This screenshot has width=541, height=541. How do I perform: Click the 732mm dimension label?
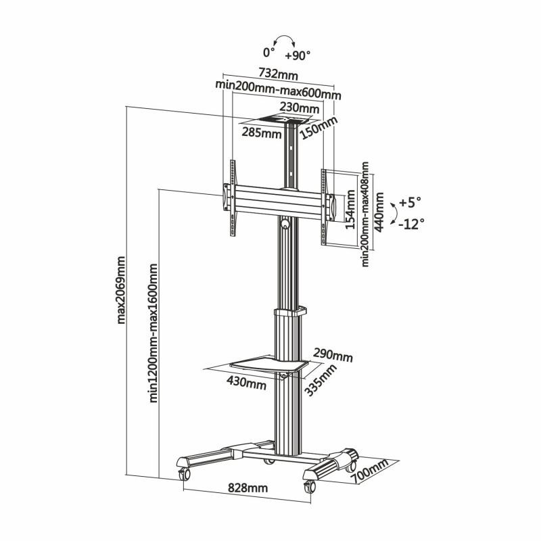(278, 72)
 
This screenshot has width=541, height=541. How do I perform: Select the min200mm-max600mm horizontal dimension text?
(278, 85)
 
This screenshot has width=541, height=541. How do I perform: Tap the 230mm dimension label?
(300, 108)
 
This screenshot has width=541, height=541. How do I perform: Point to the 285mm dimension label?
(262, 133)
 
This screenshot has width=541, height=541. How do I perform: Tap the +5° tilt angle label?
(409, 202)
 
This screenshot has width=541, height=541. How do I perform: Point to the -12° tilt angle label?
(411, 224)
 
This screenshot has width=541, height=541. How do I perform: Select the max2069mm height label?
(122, 289)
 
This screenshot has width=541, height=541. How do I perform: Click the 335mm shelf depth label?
(320, 381)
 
